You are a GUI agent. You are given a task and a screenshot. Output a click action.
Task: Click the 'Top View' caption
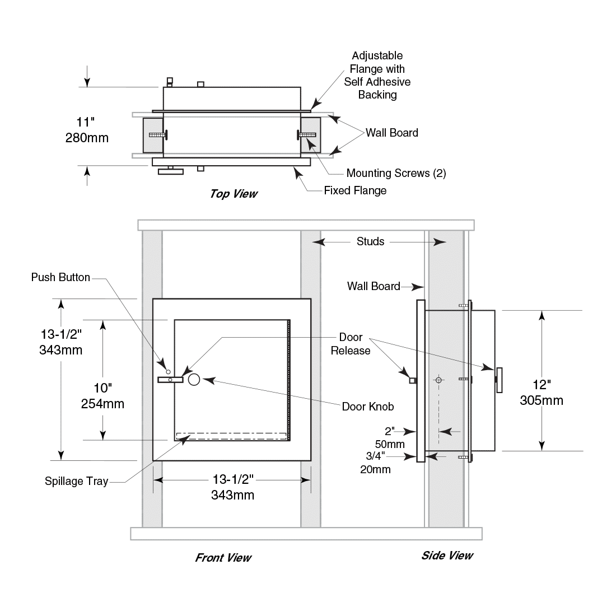pyautogui.click(x=234, y=194)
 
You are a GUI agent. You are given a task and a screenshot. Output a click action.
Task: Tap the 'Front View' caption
pyautogui.click(x=223, y=558)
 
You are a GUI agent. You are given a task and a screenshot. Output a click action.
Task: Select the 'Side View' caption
pyautogui.click(x=447, y=556)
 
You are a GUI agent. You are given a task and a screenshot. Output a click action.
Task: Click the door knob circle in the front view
pyautogui.click(x=194, y=380)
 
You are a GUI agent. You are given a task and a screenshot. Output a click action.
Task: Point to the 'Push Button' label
pyautogui.click(x=60, y=277)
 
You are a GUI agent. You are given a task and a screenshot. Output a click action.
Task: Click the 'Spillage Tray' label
pyautogui.click(x=76, y=481)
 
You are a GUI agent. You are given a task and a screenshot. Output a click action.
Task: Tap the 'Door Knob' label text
pyautogui.click(x=368, y=407)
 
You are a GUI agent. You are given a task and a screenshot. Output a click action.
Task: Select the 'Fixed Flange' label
pyautogui.click(x=355, y=190)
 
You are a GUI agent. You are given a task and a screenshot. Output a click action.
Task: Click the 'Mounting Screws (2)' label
pyautogui.click(x=396, y=173)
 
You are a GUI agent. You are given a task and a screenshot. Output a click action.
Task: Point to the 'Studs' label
pyautogui.click(x=370, y=241)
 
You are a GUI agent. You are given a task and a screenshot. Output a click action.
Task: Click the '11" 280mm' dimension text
pyautogui.click(x=87, y=130)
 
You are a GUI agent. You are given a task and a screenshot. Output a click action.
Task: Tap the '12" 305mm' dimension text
pyautogui.click(x=542, y=393)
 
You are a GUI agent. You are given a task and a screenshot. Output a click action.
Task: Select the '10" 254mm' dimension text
pyautogui.click(x=103, y=395)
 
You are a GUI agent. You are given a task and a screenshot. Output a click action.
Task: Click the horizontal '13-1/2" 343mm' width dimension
pyautogui.click(x=232, y=487)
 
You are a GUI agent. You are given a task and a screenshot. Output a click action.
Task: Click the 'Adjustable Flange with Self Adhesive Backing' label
pyautogui.click(x=377, y=75)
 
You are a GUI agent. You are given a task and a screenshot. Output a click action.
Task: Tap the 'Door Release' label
pyautogui.click(x=351, y=344)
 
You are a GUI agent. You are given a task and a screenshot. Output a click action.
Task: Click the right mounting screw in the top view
pyautogui.click(x=305, y=134)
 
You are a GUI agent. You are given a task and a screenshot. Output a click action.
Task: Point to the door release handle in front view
pyautogui.click(x=171, y=380)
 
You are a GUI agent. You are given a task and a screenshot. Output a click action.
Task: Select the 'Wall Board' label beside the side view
pyautogui.click(x=373, y=286)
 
